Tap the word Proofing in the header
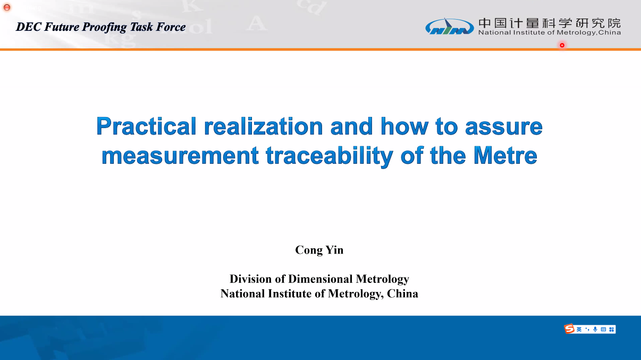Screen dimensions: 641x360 pos(105,28)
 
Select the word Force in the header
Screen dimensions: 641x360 pos(171,27)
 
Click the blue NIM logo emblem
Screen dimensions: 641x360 pos(449,27)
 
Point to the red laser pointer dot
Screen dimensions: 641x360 pos(562,45)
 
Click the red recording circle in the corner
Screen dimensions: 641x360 pos(7,7)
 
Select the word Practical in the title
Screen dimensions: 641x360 pos(146,126)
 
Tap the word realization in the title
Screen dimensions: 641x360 pos(263,126)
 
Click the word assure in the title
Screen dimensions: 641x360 pos(504,127)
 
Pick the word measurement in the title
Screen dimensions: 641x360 pos(180,156)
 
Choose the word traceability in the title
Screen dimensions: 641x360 pos(330,156)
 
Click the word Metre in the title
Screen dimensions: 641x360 pos(505,155)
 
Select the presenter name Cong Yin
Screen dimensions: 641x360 pos(319,250)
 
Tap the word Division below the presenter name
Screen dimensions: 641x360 pos(251,279)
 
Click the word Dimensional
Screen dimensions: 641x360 pos(320,279)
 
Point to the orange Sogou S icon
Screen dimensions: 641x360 pos(569,329)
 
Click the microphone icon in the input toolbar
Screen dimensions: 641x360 pos(595,329)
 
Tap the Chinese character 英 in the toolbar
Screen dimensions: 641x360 pos(579,329)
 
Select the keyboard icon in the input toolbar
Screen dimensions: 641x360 pos(603,329)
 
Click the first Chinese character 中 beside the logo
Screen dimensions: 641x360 pos(484,23)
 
